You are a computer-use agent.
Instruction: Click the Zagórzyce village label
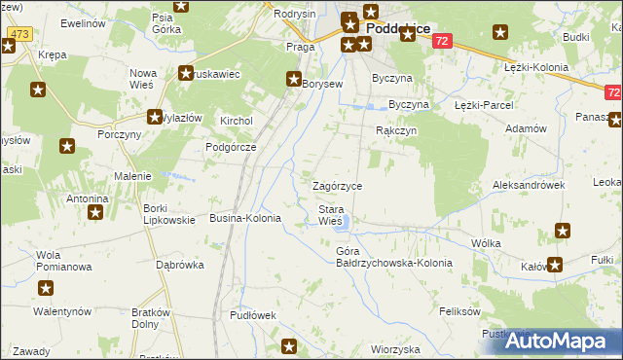click(x=337, y=186)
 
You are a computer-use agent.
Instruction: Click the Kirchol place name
click(x=237, y=121)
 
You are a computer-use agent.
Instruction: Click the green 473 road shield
click(x=18, y=34)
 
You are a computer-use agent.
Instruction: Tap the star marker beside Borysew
click(x=293, y=80)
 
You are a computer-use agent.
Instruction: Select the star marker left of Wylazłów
click(x=155, y=117)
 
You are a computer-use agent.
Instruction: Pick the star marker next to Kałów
click(x=554, y=264)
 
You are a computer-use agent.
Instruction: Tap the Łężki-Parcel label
click(x=483, y=104)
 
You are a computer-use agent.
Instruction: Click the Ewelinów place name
click(x=83, y=21)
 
